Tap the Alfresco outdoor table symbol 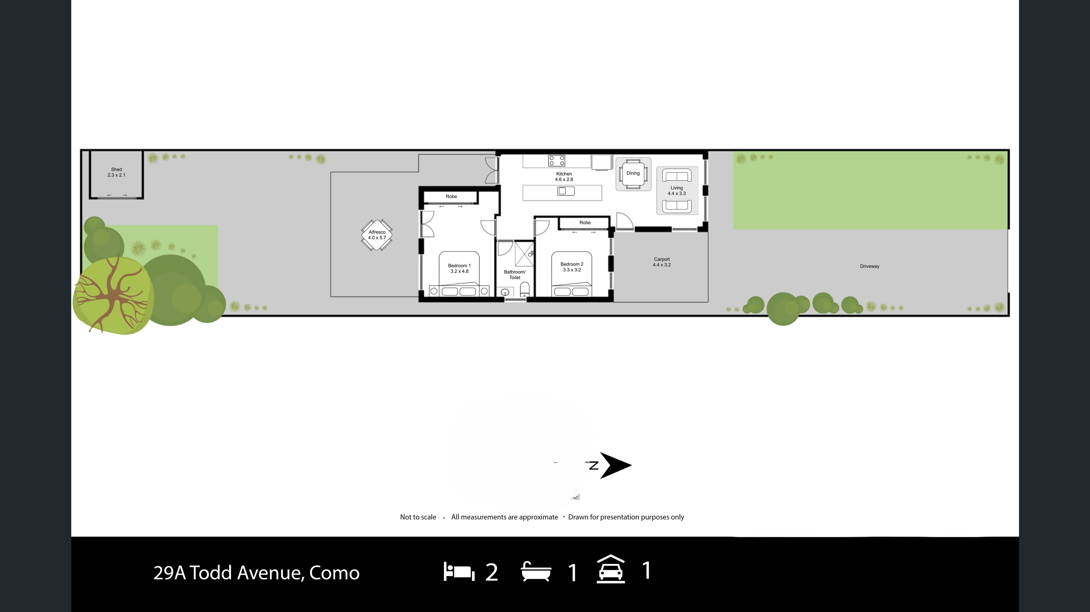(x=376, y=235)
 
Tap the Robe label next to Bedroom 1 (x=451, y=196)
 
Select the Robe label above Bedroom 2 (x=585, y=223)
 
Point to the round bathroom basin (x=505, y=292)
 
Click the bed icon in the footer (x=459, y=572)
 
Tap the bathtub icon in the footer (x=536, y=572)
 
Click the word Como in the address (x=334, y=573)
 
